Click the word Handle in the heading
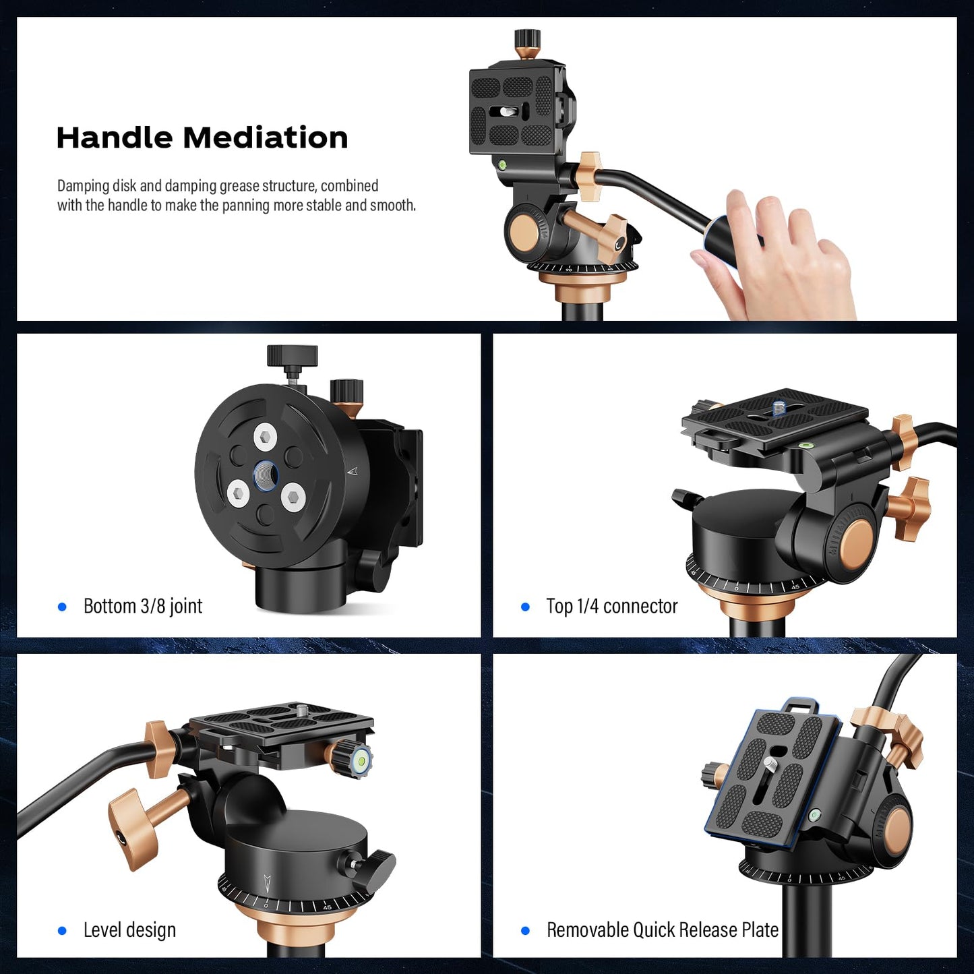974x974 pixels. pos(114,138)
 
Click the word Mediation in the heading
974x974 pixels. pos(266,138)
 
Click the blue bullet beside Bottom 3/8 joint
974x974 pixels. pos(63,607)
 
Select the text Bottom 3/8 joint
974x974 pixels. pos(143,606)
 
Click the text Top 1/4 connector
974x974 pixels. pos(611,606)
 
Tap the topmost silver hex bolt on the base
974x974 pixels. pos(264,437)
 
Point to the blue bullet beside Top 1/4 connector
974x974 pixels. pos(525,607)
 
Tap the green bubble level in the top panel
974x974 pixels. pos(502,164)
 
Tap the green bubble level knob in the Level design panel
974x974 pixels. pos(361,758)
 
